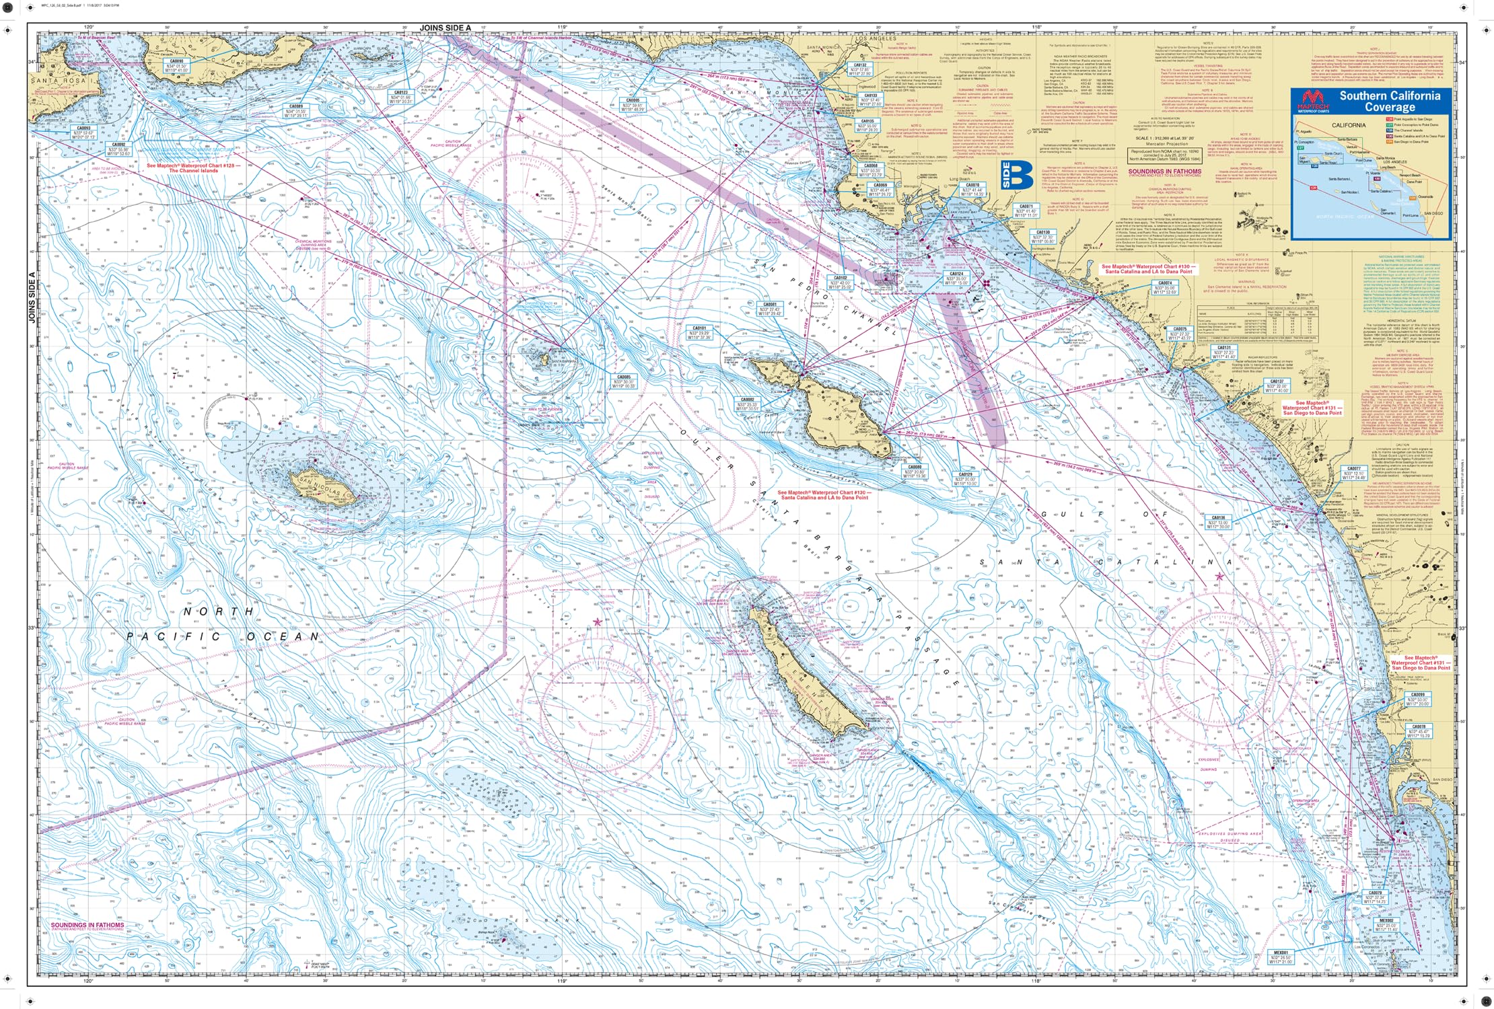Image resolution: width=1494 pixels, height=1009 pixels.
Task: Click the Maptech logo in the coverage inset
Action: pos(1312,102)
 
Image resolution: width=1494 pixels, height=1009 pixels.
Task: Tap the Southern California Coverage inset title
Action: pos(1390,101)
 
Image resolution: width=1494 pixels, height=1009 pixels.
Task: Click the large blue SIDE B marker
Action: pos(1017,175)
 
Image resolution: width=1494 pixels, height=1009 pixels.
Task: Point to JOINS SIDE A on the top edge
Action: pos(445,28)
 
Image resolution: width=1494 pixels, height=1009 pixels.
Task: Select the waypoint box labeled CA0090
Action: pos(176,65)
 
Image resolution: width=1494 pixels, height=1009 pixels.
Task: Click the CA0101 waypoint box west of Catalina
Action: pos(699,333)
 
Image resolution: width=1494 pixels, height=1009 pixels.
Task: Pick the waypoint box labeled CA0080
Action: pos(915,471)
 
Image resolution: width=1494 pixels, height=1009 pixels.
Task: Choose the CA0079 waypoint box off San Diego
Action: pos(1374,897)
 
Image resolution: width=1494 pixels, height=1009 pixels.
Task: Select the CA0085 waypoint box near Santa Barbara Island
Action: pos(624,381)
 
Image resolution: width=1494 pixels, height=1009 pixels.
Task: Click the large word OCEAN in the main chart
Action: pos(283,636)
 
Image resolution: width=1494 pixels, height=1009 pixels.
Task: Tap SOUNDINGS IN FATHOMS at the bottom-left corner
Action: pos(87,925)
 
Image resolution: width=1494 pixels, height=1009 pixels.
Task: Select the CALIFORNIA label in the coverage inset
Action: pos(1349,125)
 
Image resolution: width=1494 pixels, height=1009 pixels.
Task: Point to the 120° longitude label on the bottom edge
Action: pos(88,981)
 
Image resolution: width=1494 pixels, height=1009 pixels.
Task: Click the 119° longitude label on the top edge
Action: pos(561,28)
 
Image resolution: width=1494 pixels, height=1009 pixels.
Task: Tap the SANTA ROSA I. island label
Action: pos(64,81)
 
